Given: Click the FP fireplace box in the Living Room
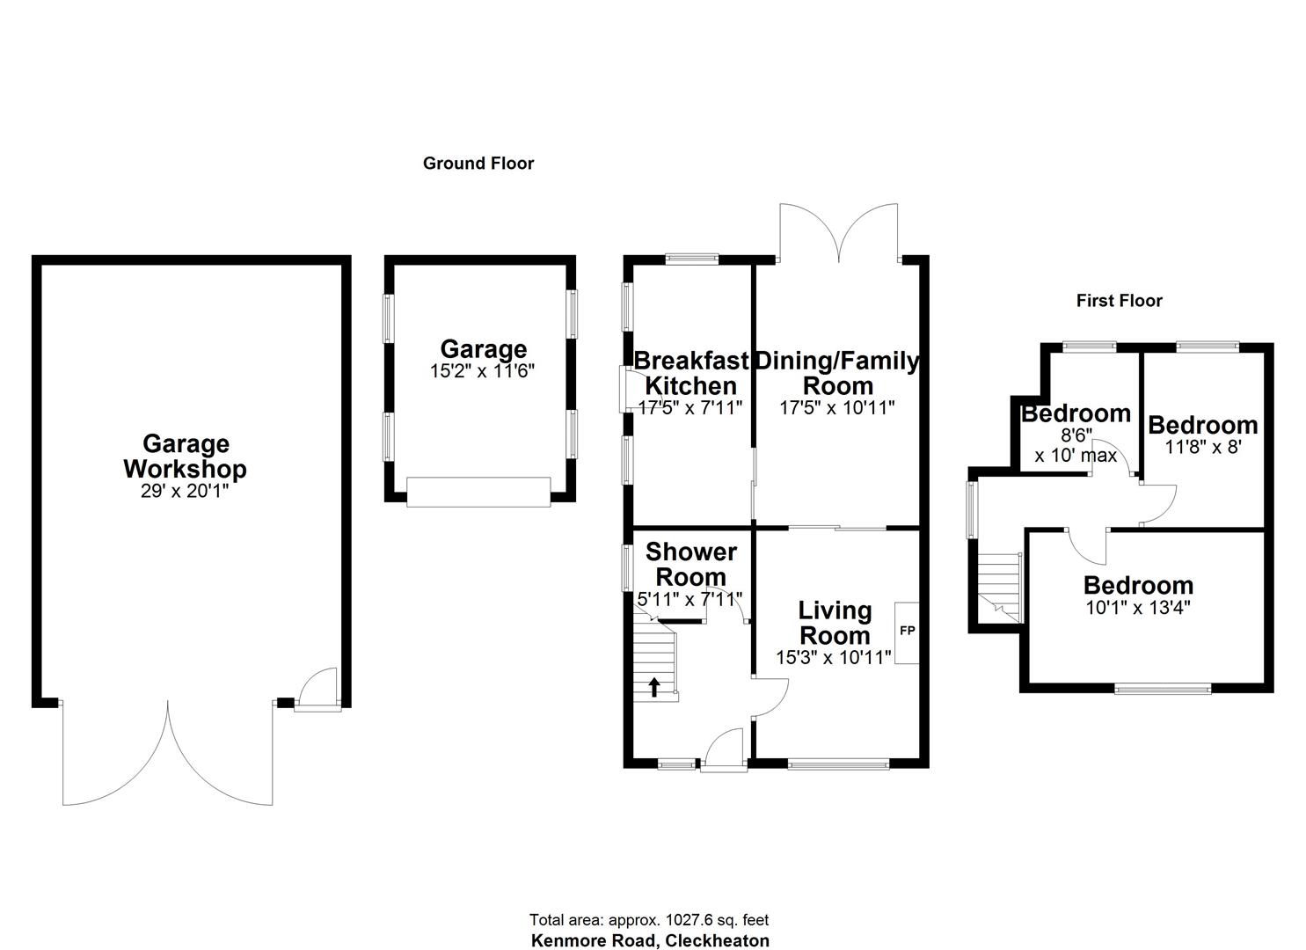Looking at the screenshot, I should tap(907, 632).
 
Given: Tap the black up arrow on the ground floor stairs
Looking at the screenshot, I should tap(653, 686).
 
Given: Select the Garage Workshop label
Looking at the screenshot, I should tap(185, 457).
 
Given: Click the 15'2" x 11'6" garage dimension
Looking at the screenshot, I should tap(482, 371).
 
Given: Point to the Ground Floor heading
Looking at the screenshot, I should tap(478, 164).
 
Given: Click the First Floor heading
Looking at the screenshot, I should tap(1119, 301).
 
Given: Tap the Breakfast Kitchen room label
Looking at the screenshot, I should tap(691, 373).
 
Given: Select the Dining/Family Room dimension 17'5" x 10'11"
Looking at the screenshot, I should tap(836, 407).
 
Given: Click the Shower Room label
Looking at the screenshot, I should tap(690, 565).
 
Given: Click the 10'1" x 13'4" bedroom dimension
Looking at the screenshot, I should tap(1138, 607).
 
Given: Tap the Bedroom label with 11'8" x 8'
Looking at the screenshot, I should tap(1202, 425).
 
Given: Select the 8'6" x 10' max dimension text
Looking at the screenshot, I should tap(1076, 446).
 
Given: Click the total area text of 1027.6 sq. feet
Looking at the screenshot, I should tap(649, 920).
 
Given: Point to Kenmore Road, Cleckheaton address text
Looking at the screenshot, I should tap(650, 940).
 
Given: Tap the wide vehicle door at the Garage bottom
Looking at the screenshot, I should tap(478, 492).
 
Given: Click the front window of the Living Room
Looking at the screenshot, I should tap(838, 764).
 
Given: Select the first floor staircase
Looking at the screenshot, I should tap(1000, 587).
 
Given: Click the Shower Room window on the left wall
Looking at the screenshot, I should tap(626, 567).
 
